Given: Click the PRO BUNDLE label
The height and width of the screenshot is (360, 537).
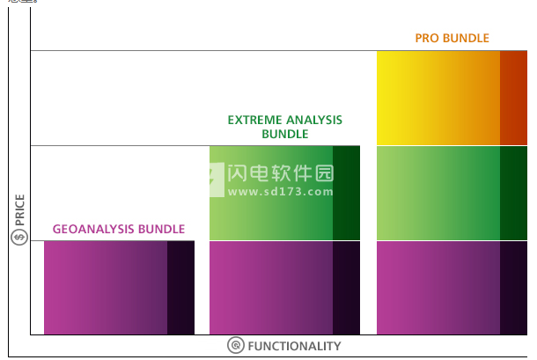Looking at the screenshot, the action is pos(452,38).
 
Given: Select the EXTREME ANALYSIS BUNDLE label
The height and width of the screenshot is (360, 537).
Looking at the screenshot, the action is pos(285,127).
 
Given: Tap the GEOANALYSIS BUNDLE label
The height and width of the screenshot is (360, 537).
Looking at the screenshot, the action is pos(119,229).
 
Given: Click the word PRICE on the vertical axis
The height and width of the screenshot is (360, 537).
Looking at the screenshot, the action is pos(19,210).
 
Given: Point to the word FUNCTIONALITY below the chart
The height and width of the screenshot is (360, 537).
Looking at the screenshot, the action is pos(294,346).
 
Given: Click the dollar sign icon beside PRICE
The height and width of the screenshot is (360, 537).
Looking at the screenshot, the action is pos(19,237).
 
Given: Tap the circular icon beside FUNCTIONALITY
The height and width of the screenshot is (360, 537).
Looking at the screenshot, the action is pos(236,345).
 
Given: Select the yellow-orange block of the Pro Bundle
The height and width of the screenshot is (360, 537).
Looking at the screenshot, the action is pos(438,98).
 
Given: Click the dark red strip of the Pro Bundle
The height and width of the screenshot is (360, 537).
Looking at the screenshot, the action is pos(513,98).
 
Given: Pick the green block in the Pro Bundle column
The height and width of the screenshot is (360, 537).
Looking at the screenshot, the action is pos(438,193).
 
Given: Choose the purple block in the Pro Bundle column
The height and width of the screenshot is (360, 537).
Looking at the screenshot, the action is pos(438,288).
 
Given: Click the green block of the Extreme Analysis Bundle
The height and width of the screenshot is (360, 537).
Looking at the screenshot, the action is pos(271,193).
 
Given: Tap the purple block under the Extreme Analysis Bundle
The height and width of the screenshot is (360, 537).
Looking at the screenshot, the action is pos(271,288).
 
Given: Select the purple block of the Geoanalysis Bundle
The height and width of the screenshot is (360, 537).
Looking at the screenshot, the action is pos(106,288).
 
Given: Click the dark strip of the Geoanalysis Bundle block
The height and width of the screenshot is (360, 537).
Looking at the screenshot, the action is pos(180,288).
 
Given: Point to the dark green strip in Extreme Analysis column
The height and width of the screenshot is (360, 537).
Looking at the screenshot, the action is pos(346,193).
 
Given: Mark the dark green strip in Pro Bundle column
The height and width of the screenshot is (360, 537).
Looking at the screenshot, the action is pos(513,193).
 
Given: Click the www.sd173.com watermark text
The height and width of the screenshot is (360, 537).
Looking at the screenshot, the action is pos(280,191).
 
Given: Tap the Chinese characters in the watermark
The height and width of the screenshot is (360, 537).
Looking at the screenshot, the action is pos(281,173).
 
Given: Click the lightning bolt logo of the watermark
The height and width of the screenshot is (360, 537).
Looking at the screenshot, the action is pos(217,180).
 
